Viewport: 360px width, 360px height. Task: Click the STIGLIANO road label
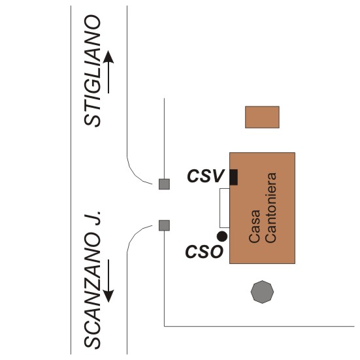point(92,71)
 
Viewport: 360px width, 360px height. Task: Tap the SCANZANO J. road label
point(92,280)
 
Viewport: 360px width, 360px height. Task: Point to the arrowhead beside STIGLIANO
point(108,57)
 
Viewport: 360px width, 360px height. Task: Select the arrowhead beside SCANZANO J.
point(108,297)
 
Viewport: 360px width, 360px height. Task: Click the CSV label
point(205,176)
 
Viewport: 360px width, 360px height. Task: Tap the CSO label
point(204,252)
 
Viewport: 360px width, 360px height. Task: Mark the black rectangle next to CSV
point(234,177)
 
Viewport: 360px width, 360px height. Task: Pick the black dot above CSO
point(222,237)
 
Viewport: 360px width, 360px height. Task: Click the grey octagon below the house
point(262,292)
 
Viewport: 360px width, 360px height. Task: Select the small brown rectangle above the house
point(262,117)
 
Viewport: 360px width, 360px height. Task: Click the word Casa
point(255,226)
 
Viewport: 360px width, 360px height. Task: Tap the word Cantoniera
point(270,208)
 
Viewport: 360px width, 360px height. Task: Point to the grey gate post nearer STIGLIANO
point(165,184)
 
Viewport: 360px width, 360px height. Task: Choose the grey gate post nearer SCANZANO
point(165,225)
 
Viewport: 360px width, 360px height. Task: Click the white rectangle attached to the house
point(225,208)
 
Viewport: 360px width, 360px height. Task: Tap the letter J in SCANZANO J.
point(92,220)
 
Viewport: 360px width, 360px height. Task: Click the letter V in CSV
point(217,176)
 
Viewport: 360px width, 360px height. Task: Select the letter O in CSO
point(216,252)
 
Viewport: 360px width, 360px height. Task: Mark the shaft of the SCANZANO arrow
point(108,275)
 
